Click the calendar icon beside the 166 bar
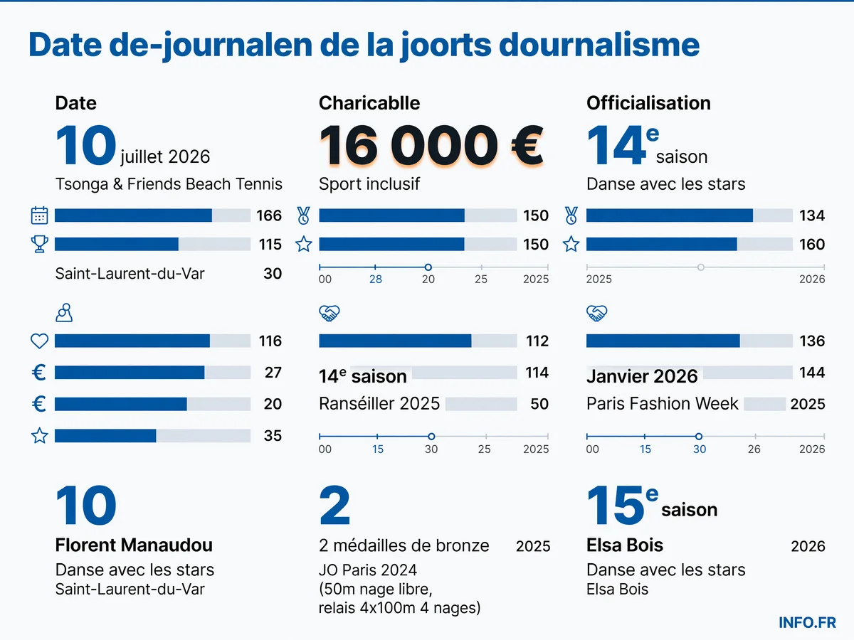tap(39, 215)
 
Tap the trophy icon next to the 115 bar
tap(39, 244)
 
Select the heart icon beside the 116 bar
tap(39, 341)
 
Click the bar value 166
tap(269, 215)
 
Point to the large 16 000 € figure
tap(431, 145)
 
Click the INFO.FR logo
tap(807, 622)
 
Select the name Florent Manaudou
tap(134, 545)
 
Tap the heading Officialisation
tap(648, 103)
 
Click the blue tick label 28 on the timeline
tap(376, 279)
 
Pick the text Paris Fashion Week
tap(662, 403)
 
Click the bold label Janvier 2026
tap(642, 376)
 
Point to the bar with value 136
tap(689, 341)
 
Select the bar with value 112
tap(418, 341)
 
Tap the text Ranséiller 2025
tap(379, 403)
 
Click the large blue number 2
tap(334, 505)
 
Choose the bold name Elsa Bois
tap(624, 545)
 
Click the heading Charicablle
tap(369, 103)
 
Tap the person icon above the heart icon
tap(64, 312)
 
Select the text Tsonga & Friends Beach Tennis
tap(169, 183)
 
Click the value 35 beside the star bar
tap(273, 436)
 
